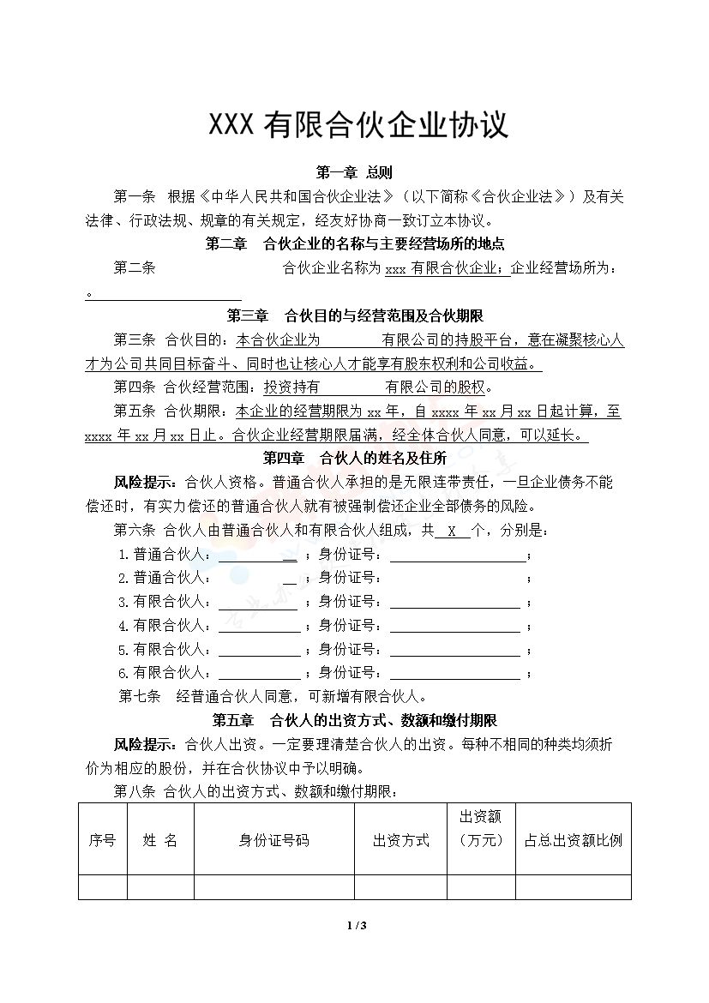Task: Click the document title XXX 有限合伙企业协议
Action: pyautogui.click(x=359, y=125)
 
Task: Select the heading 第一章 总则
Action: pyautogui.click(x=354, y=172)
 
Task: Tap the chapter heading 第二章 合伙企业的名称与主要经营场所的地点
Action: pyautogui.click(x=360, y=243)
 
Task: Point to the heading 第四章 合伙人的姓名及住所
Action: pyautogui.click(x=354, y=458)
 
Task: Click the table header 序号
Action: pyautogui.click(x=102, y=840)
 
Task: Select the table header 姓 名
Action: pyautogui.click(x=160, y=840)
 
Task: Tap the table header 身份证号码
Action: pyautogui.click(x=273, y=840)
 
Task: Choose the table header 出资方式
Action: pyautogui.click(x=400, y=840)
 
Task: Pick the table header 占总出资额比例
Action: pyautogui.click(x=573, y=840)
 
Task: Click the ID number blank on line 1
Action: pyautogui.click(x=458, y=555)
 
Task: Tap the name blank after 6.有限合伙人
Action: pyautogui.click(x=259, y=673)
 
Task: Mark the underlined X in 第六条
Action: pyautogui.click(x=451, y=531)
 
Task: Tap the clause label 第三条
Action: pyautogui.click(x=134, y=340)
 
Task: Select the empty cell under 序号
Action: pyautogui.click(x=102, y=886)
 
